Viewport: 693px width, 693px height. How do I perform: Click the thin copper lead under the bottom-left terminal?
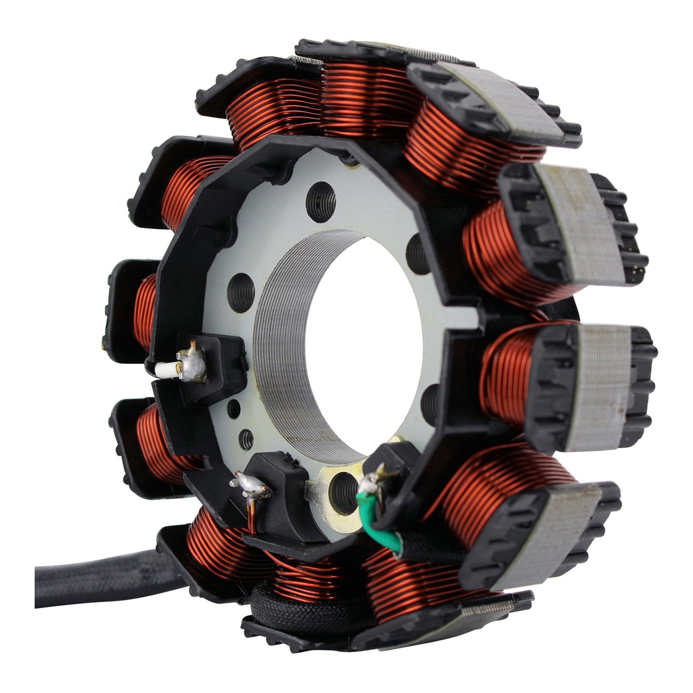[x=251, y=518]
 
